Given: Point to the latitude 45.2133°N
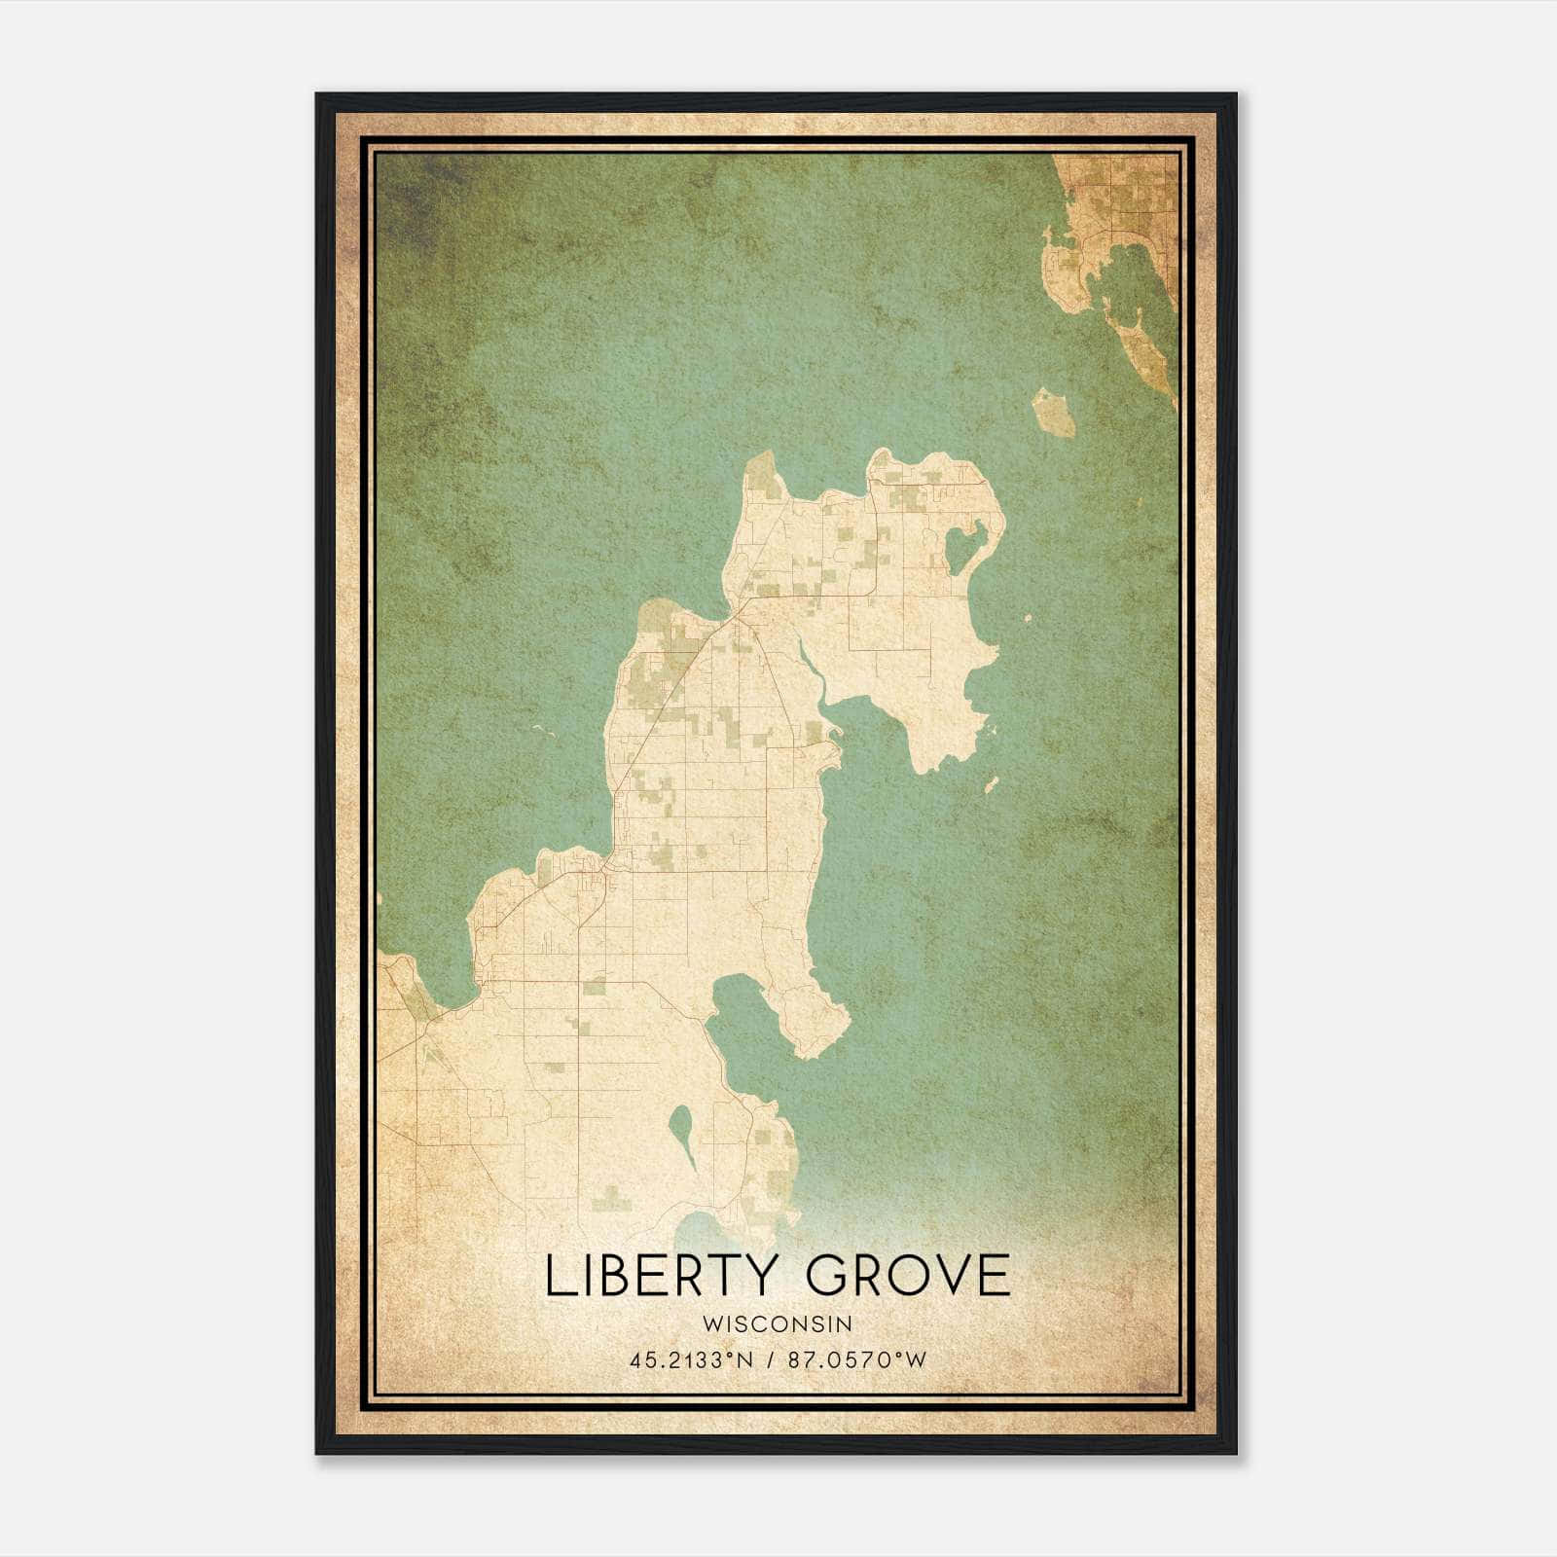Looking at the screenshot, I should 692,1360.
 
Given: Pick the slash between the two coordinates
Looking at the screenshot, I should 771,1360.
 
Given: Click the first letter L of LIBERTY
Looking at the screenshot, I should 558,1276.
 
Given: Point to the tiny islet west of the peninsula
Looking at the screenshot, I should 541,731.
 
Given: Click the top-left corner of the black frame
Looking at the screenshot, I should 317,95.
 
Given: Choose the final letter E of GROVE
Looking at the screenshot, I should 996,1276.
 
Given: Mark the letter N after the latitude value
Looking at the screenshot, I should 745,1360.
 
